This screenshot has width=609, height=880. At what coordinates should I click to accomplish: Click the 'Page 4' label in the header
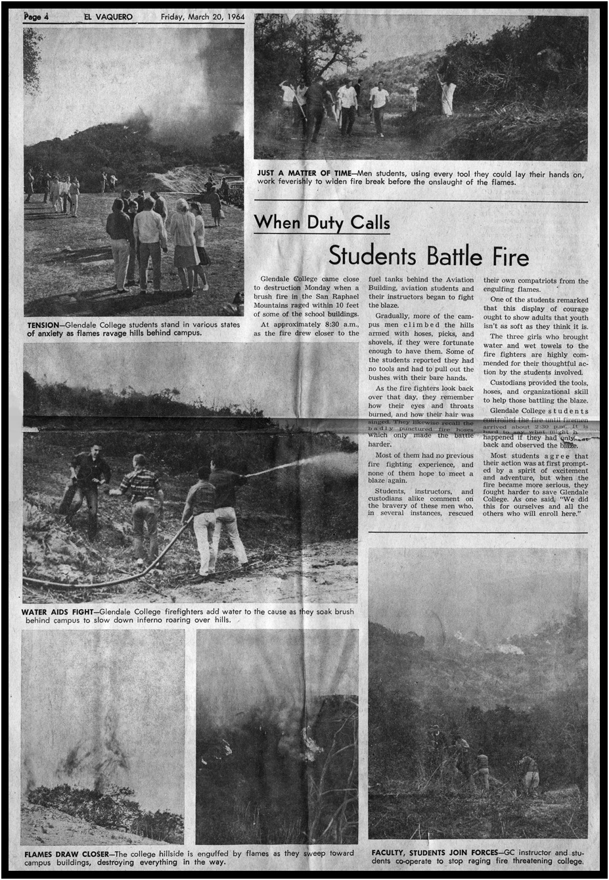pyautogui.click(x=37, y=17)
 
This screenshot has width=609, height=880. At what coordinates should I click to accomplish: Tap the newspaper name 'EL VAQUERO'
pyautogui.click(x=108, y=17)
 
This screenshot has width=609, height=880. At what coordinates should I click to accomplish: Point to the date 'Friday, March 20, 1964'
pyautogui.click(x=202, y=17)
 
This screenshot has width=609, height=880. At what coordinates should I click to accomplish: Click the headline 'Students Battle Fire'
pyautogui.click(x=428, y=255)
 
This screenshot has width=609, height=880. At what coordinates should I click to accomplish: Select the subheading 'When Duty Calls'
pyautogui.click(x=322, y=222)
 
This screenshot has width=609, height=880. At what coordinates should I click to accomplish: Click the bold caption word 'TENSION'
pyautogui.click(x=43, y=325)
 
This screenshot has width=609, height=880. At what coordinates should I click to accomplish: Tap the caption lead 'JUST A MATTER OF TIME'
pyautogui.click(x=304, y=174)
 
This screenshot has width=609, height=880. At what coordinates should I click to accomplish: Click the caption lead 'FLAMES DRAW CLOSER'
pyautogui.click(x=66, y=854)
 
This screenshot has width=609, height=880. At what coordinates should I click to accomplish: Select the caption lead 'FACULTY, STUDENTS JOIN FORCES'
pyautogui.click(x=433, y=852)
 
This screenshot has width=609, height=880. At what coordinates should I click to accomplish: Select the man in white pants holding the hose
pyautogui.click(x=205, y=520)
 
